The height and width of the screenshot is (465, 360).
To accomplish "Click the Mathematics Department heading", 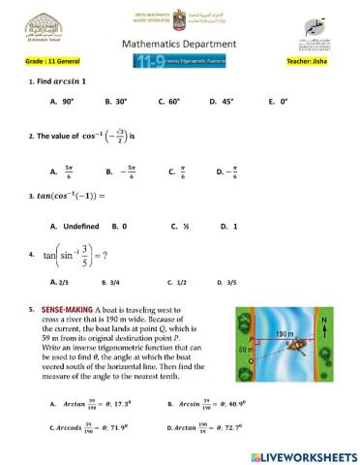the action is pyautogui.click(x=179, y=44).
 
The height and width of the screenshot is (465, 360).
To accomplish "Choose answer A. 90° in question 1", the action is pyautogui.click(x=62, y=100).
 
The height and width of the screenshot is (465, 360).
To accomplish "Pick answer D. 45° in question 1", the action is pyautogui.click(x=222, y=100).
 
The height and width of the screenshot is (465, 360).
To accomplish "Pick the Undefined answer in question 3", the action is pyautogui.click(x=74, y=226).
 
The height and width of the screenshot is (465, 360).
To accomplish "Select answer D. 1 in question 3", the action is pyautogui.click(x=228, y=226).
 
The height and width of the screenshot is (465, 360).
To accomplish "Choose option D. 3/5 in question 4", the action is pyautogui.click(x=229, y=282).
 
